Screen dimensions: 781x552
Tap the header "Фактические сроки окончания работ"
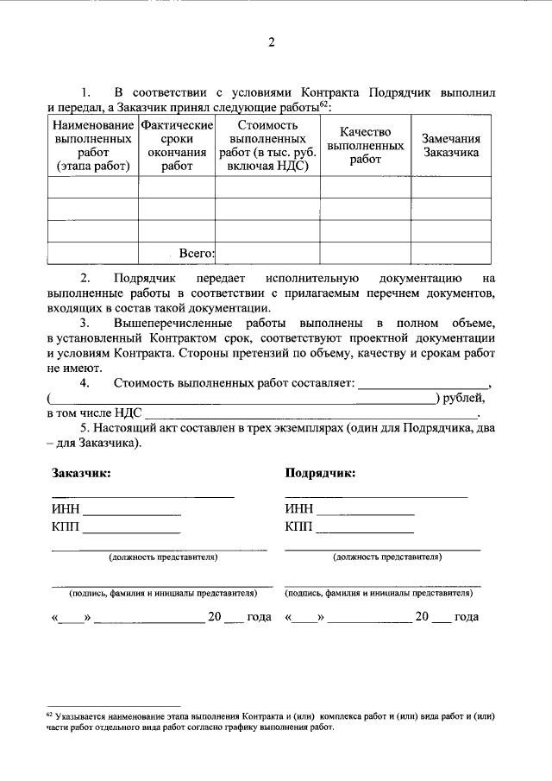click(x=177, y=146)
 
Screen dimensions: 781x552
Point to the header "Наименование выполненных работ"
click(x=92, y=146)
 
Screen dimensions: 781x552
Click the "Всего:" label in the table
click(x=195, y=253)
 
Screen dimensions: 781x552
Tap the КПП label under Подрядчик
click(x=298, y=526)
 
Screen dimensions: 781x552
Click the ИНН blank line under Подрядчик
click(x=366, y=513)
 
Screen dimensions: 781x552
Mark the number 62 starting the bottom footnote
click(x=49, y=715)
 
